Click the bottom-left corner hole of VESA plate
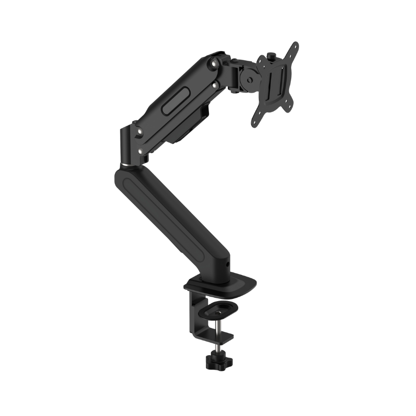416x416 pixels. tap(256, 119)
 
